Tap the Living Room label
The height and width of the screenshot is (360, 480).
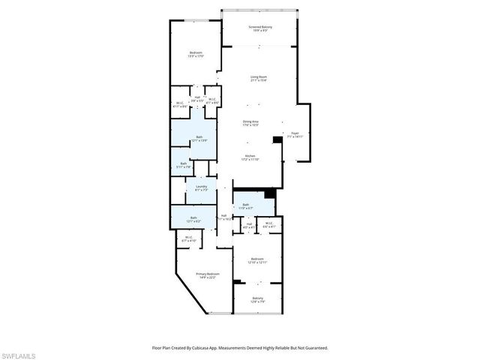[259, 78]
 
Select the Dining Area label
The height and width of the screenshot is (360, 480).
[250, 123]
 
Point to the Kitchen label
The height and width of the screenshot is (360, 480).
[250, 158]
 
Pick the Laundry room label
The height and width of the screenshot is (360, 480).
[201, 188]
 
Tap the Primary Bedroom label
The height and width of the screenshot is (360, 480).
[207, 275]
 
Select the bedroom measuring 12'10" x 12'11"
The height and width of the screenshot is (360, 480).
[258, 260]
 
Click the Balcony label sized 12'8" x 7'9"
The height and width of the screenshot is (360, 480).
[258, 300]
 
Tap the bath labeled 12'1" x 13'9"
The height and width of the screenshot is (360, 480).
[198, 138]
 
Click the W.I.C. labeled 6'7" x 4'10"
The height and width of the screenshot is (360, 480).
[187, 239]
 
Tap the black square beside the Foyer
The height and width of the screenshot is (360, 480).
[277, 139]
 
